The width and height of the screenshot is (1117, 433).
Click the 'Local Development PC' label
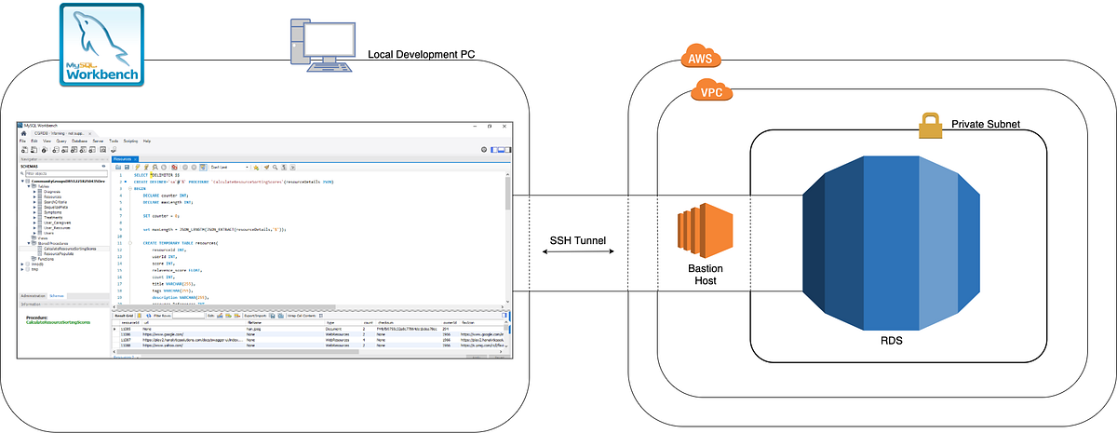422,55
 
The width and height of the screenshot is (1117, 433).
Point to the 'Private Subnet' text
986,124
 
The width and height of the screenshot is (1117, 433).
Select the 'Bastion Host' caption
698,275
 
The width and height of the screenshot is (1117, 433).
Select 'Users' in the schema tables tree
47,233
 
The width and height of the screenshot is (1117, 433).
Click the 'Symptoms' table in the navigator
52,212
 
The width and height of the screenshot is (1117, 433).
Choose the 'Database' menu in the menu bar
79,141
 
